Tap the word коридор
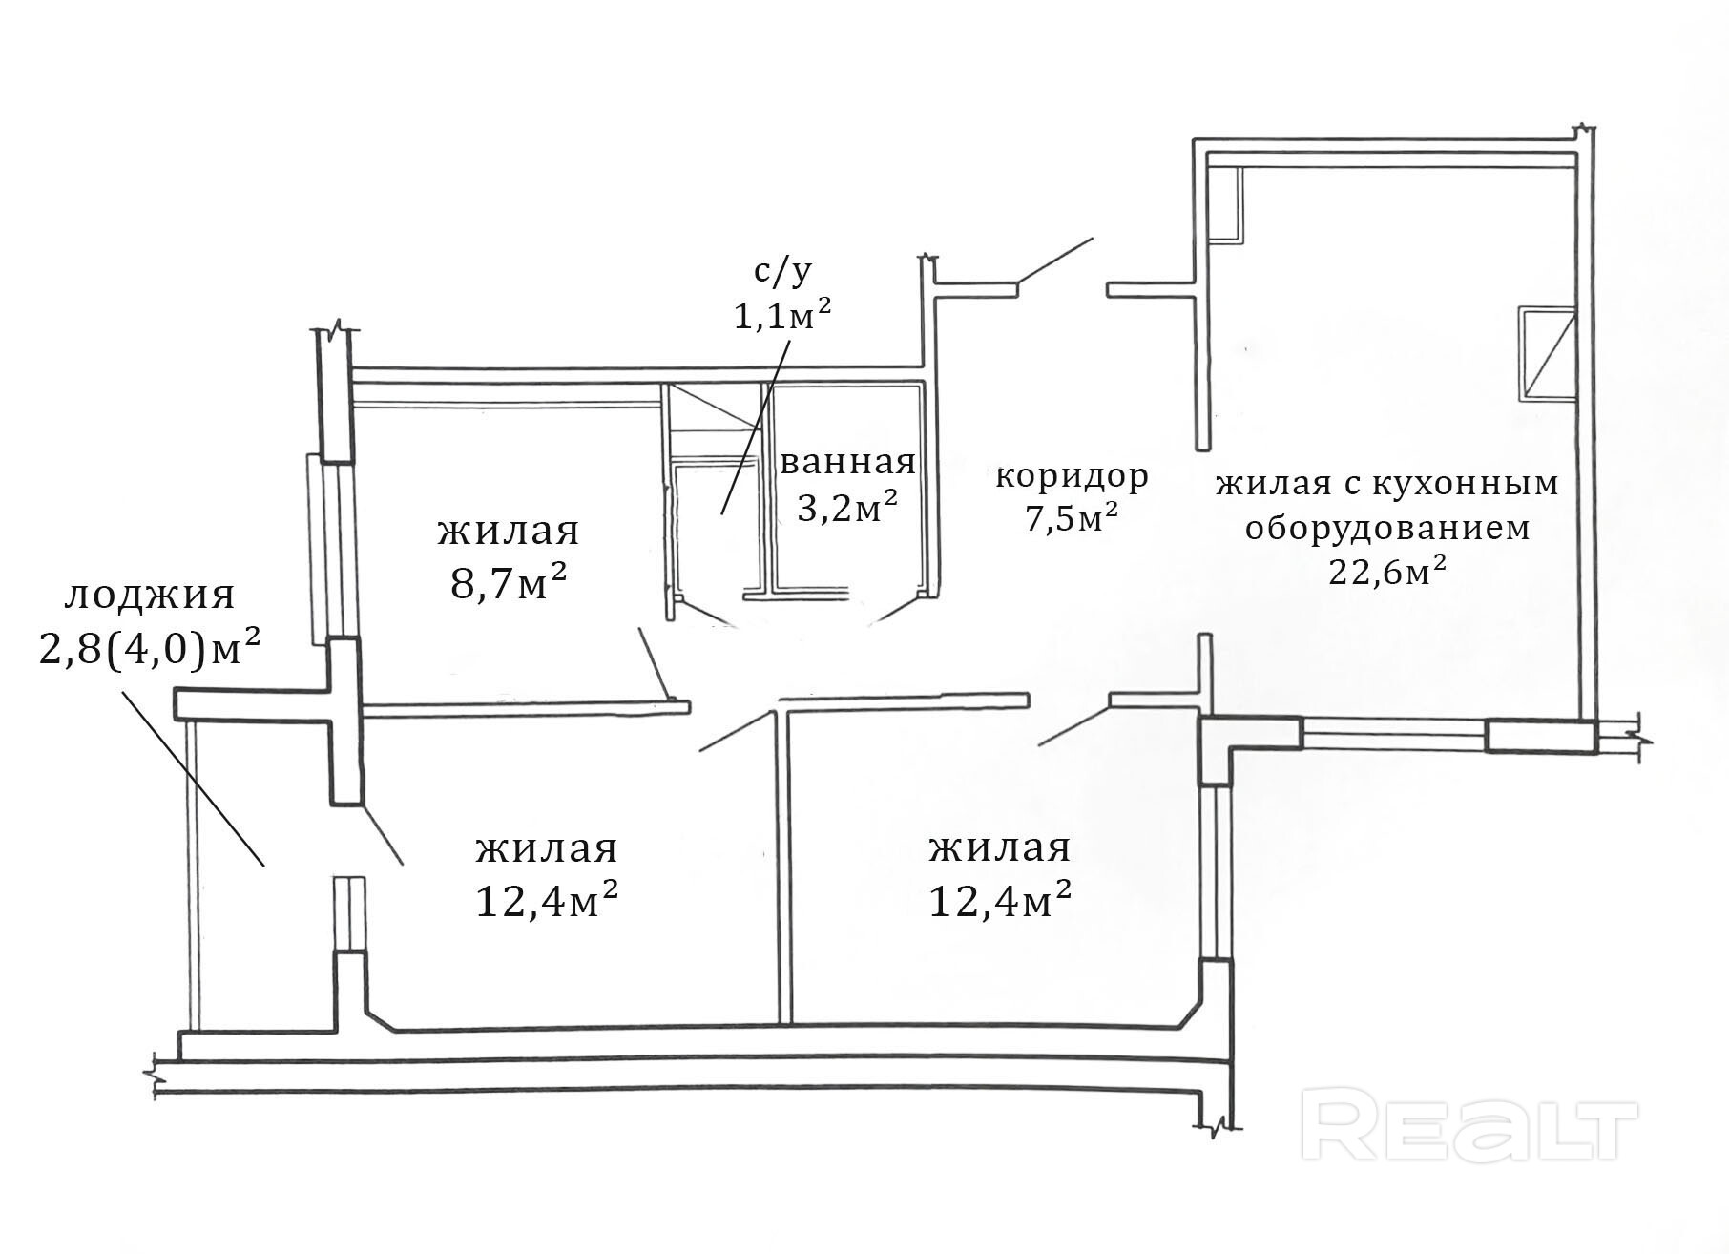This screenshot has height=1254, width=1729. (1072, 474)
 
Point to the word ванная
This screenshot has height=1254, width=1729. (847, 463)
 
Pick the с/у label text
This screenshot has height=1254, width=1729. (782, 272)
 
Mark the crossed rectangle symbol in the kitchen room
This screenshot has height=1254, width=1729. (1545, 352)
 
